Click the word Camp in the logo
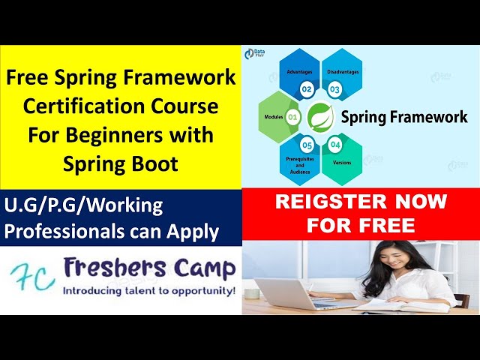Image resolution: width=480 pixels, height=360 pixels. [x=203, y=268]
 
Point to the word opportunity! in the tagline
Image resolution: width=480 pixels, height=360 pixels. [x=199, y=289]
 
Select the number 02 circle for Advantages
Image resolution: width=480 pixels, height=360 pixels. [x=307, y=89]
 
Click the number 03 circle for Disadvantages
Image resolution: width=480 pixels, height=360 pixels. [x=334, y=89]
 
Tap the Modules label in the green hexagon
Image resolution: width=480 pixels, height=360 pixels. [x=273, y=118]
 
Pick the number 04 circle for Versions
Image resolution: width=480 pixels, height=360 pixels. [x=334, y=144]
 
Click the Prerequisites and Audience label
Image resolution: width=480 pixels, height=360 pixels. [x=300, y=165]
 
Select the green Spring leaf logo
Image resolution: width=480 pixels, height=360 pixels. [x=320, y=117]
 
